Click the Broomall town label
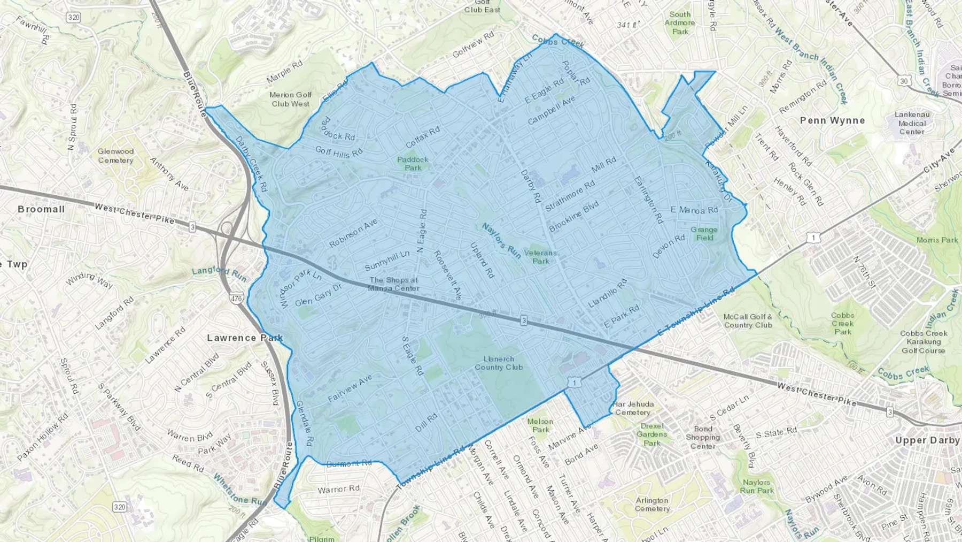click(41, 209)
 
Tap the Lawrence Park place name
click(245, 338)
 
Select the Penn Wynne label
click(832, 121)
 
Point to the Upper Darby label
click(927, 440)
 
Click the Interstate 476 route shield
click(236, 298)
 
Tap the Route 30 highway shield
click(903, 81)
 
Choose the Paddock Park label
click(413, 164)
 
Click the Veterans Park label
click(540, 257)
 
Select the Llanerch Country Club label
click(499, 363)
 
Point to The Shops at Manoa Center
click(394, 284)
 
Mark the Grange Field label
click(704, 234)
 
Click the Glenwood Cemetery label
click(115, 156)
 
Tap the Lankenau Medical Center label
click(912, 123)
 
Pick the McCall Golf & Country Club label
click(748, 321)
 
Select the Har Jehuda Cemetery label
click(633, 408)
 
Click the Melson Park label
click(540, 425)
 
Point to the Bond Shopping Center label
click(703, 438)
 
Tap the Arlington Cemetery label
click(652, 505)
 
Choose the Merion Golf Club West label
click(290, 100)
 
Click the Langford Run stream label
click(219, 274)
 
